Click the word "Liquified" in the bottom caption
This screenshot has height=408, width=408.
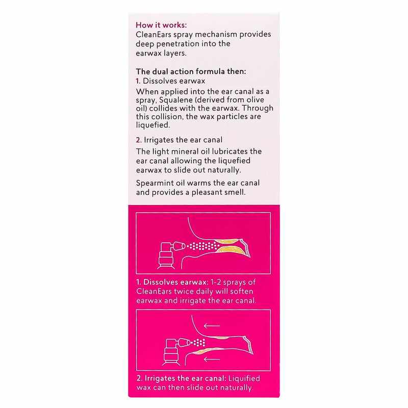tap(242, 379)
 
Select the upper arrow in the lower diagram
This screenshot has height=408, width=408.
tap(211, 325)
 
